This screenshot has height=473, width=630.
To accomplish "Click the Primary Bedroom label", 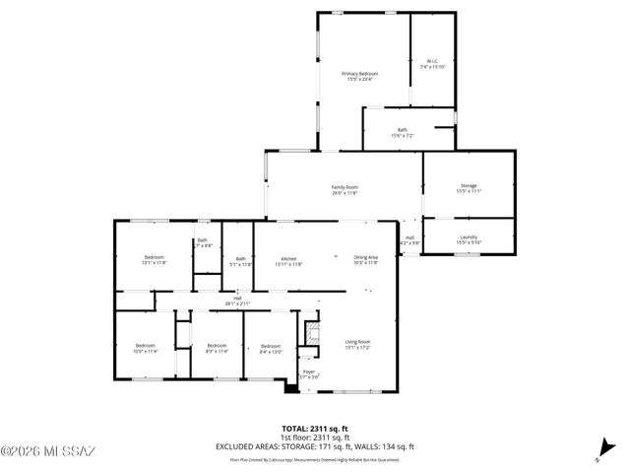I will pyautogui.click(x=359, y=76).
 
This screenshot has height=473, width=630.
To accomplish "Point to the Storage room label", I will pyautogui.click(x=468, y=189).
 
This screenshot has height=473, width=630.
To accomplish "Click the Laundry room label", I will pyautogui.click(x=468, y=238).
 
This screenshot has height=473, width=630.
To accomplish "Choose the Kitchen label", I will pyautogui.click(x=287, y=260).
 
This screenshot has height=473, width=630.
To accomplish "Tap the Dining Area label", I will pyautogui.click(x=365, y=260).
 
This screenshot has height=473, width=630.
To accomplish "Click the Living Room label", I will pyautogui.click(x=357, y=344).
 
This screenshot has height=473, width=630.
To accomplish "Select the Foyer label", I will pyautogui.click(x=309, y=373).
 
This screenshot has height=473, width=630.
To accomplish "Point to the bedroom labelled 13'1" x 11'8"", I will pyautogui.click(x=154, y=260).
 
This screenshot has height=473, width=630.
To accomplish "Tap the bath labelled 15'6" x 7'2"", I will pyautogui.click(x=402, y=132).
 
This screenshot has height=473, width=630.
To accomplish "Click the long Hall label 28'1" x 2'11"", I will pyautogui.click(x=237, y=301).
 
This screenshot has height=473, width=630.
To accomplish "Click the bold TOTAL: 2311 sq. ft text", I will pyautogui.click(x=314, y=428).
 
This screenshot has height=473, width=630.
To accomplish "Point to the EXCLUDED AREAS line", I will pyautogui.click(x=314, y=446).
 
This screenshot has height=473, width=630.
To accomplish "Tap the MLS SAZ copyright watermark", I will pyautogui.click(x=49, y=453).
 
